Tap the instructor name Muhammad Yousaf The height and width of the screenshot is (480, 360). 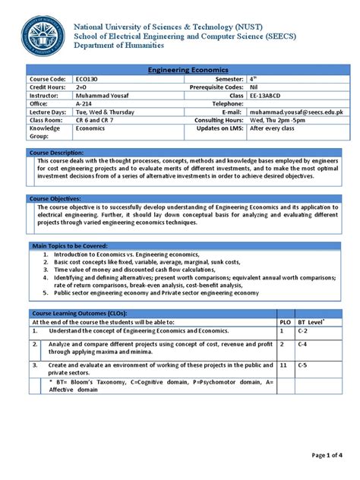point(103,95)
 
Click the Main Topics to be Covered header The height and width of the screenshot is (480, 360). point(69,246)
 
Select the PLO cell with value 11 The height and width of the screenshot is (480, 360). point(283,365)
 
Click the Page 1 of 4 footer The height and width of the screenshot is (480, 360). point(328,455)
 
